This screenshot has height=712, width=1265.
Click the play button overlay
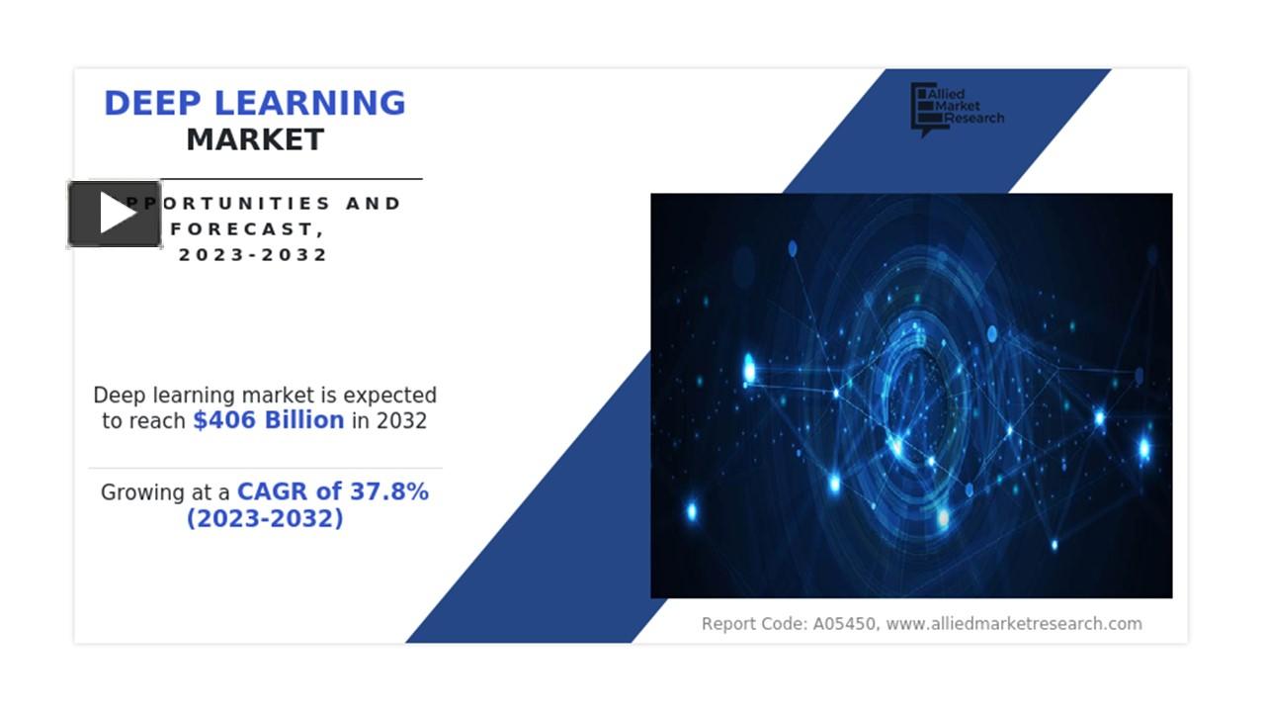[x=115, y=214]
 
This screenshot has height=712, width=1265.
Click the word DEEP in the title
[x=152, y=103]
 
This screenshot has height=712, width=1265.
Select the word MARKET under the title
[x=255, y=139]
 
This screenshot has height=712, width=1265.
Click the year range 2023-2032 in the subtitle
[x=253, y=254]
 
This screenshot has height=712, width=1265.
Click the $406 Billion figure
[x=268, y=420]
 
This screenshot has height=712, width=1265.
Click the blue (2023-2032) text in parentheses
[x=265, y=518]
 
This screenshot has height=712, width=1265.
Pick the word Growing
[x=142, y=492]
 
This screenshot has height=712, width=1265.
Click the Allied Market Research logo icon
[x=922, y=109]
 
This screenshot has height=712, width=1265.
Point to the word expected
[x=389, y=396]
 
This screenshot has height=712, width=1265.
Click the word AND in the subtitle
[x=374, y=203]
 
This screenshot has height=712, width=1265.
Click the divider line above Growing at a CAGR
[x=265, y=468]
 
